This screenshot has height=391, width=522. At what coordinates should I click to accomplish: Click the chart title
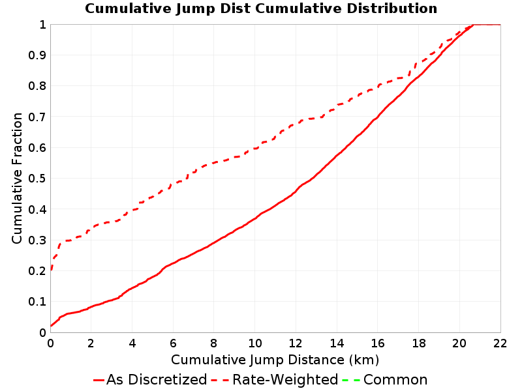coord(261,8)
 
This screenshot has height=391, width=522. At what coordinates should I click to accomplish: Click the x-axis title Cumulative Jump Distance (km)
coord(275,360)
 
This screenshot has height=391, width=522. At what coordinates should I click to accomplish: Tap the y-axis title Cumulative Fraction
coord(17,178)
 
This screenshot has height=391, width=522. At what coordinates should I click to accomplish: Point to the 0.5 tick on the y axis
coord(37,178)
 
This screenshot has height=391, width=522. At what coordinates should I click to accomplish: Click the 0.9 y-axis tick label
coord(37,55)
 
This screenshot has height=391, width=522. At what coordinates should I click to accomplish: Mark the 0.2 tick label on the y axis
coord(37,270)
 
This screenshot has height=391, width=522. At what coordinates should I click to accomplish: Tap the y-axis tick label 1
coord(42,24)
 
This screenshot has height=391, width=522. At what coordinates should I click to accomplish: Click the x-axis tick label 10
coord(254,343)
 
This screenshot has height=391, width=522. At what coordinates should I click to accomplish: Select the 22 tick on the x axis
coord(500,343)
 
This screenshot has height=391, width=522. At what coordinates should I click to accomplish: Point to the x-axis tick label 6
coord(173,343)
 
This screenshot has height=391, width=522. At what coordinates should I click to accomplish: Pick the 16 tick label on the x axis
coord(378,343)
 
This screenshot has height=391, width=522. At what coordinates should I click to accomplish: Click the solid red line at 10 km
coord(255,218)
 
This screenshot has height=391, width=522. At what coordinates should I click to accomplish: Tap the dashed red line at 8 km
coord(214,162)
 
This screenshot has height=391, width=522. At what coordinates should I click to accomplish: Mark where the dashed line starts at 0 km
coord(51,270)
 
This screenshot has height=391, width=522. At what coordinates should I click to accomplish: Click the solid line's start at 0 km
coord(51,326)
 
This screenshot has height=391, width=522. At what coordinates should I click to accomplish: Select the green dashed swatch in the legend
coord(350,380)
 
